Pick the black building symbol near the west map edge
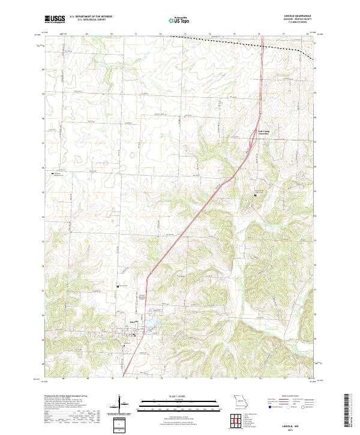53,173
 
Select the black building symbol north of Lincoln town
118,286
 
